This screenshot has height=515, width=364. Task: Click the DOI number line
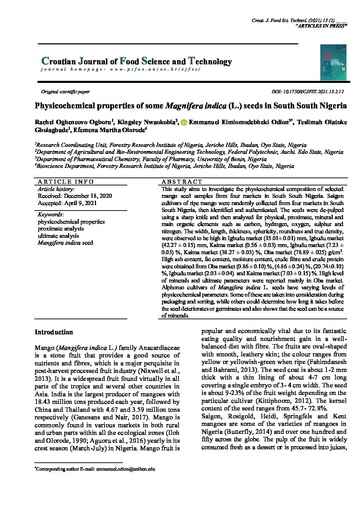308,92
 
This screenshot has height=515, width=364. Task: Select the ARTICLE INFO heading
66,182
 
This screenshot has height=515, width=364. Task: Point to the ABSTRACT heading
182,182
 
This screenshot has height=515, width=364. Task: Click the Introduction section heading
54,332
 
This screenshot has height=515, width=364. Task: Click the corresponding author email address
126,469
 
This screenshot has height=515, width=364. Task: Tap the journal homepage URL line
120,69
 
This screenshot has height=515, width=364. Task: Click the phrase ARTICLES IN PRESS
321,26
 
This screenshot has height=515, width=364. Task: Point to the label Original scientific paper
65,92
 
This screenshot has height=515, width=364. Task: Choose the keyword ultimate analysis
58,236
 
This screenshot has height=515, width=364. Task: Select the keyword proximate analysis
61,229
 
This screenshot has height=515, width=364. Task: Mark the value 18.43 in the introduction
43,402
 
